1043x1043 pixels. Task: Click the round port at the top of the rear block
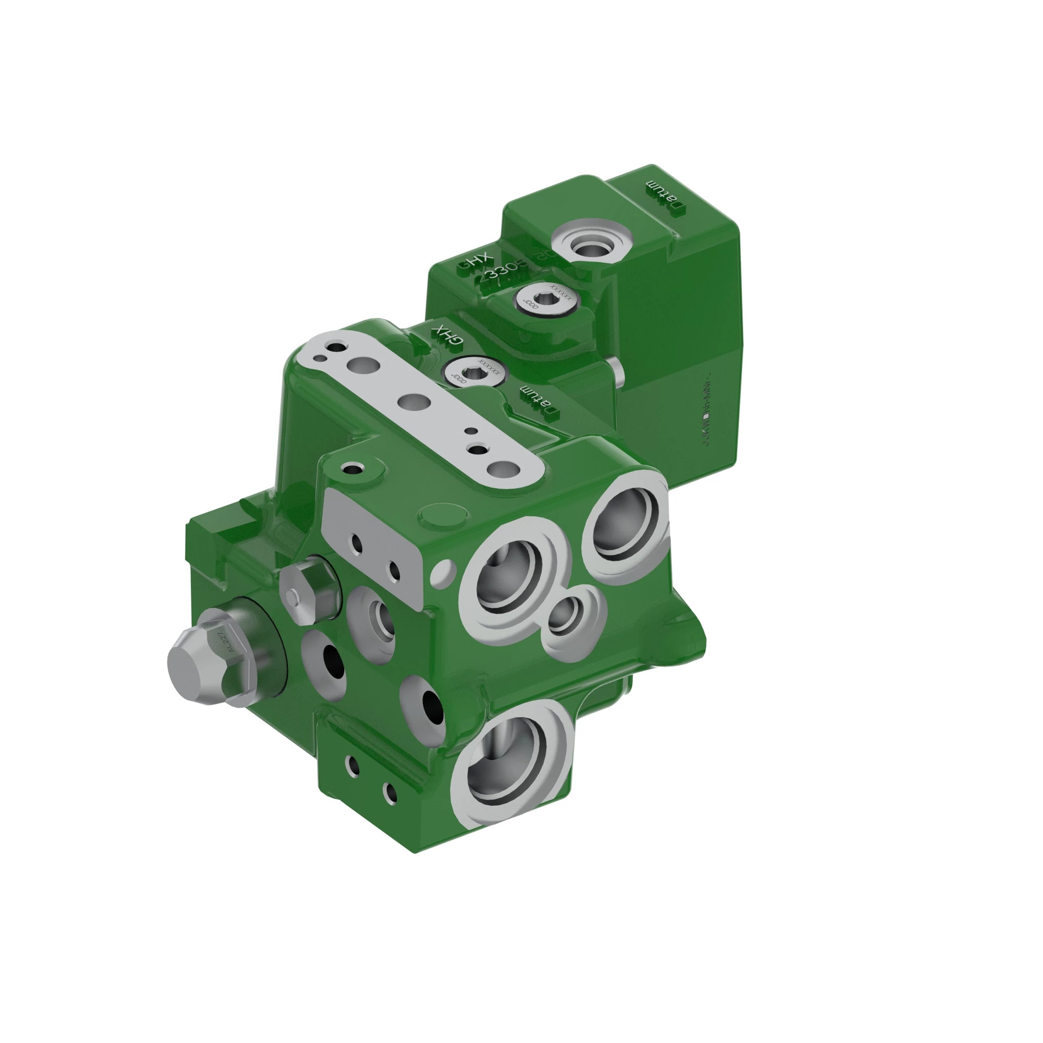[592, 244]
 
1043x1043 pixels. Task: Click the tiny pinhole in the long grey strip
[471, 431]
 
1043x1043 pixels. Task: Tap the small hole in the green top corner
[354, 469]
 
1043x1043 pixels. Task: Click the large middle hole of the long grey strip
[415, 401]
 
